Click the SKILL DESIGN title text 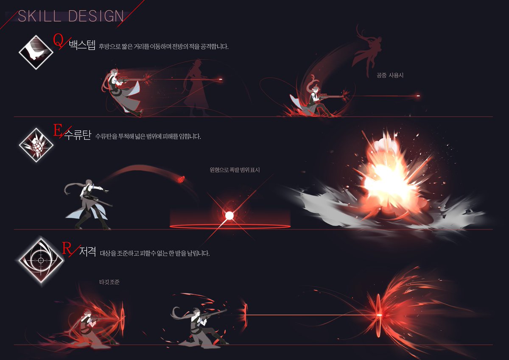70,16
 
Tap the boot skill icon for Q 36,52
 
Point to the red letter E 56,131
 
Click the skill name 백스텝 82,45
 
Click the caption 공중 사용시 390,75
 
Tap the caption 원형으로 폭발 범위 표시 234,170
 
